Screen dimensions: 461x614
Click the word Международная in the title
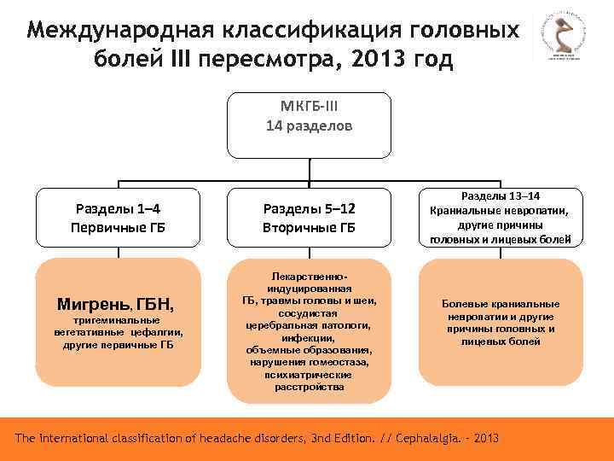(x=120, y=31)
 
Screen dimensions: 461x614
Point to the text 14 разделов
(x=310, y=125)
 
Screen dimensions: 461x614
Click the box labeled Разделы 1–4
(x=118, y=218)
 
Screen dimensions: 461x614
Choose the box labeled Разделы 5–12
(x=310, y=218)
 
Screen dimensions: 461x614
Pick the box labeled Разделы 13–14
(x=501, y=218)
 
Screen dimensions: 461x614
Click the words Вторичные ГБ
(x=310, y=228)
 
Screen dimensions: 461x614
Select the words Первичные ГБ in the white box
(x=118, y=228)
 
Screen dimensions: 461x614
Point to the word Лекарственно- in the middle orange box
(x=310, y=278)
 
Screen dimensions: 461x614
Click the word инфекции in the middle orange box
(x=310, y=338)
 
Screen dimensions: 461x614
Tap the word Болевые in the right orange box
(x=464, y=304)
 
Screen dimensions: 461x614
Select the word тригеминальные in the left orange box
(x=118, y=320)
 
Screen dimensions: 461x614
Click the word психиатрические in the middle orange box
(x=310, y=374)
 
